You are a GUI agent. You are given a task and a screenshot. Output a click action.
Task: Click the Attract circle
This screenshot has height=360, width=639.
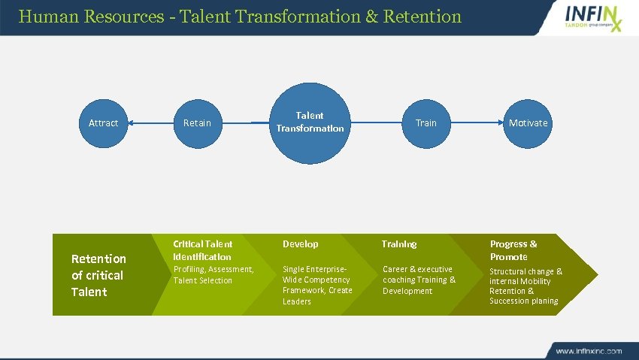(x=103, y=123)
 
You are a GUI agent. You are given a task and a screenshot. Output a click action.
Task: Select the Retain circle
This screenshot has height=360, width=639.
(x=198, y=123)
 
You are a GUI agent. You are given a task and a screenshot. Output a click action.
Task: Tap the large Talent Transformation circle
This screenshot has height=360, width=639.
(x=310, y=122)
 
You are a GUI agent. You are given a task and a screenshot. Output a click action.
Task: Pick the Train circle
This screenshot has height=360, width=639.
(x=425, y=123)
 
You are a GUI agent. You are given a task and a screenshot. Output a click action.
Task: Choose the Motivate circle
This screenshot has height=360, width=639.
(x=528, y=123)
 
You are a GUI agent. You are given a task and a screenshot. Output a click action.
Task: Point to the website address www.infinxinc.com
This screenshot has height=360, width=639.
(x=589, y=351)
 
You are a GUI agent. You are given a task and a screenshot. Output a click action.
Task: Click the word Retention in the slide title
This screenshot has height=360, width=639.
(x=422, y=16)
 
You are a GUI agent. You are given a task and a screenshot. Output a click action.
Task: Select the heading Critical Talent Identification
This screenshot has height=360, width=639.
(x=203, y=250)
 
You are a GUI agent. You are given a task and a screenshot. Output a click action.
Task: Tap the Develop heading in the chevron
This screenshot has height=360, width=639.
(x=300, y=244)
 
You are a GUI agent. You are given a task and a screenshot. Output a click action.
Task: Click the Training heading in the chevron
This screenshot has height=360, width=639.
(x=398, y=244)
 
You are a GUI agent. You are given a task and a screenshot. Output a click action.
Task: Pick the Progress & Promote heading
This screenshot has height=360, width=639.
(x=513, y=250)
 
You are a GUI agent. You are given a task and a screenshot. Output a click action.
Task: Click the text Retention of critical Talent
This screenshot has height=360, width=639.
(x=98, y=275)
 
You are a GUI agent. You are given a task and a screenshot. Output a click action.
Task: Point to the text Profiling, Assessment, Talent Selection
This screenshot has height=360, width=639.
(x=214, y=275)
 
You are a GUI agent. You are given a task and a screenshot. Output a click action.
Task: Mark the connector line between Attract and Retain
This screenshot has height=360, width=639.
(x=150, y=123)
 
